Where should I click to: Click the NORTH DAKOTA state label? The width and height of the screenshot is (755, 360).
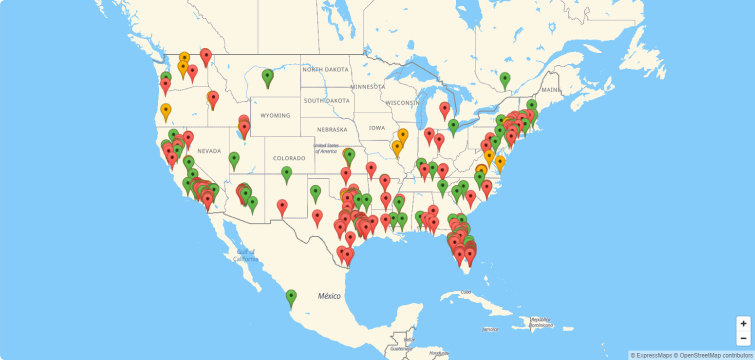(326, 69)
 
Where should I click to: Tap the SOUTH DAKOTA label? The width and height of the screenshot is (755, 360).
(327, 100)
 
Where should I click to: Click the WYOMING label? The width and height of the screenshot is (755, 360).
(275, 115)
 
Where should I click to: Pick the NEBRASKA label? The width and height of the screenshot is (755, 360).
(332, 129)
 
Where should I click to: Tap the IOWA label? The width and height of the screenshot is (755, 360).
(376, 128)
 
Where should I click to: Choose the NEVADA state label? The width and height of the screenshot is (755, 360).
(208, 151)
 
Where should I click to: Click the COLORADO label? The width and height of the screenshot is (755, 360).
(289, 158)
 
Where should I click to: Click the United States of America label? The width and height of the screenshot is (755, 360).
(326, 148)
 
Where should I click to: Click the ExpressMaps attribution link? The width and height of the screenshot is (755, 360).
(653, 355)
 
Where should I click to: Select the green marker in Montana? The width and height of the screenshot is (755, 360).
(267, 76)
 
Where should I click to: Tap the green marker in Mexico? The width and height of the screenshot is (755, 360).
(291, 296)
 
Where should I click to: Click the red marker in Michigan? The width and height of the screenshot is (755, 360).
(445, 109)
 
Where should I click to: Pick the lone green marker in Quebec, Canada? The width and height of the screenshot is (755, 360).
(505, 79)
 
